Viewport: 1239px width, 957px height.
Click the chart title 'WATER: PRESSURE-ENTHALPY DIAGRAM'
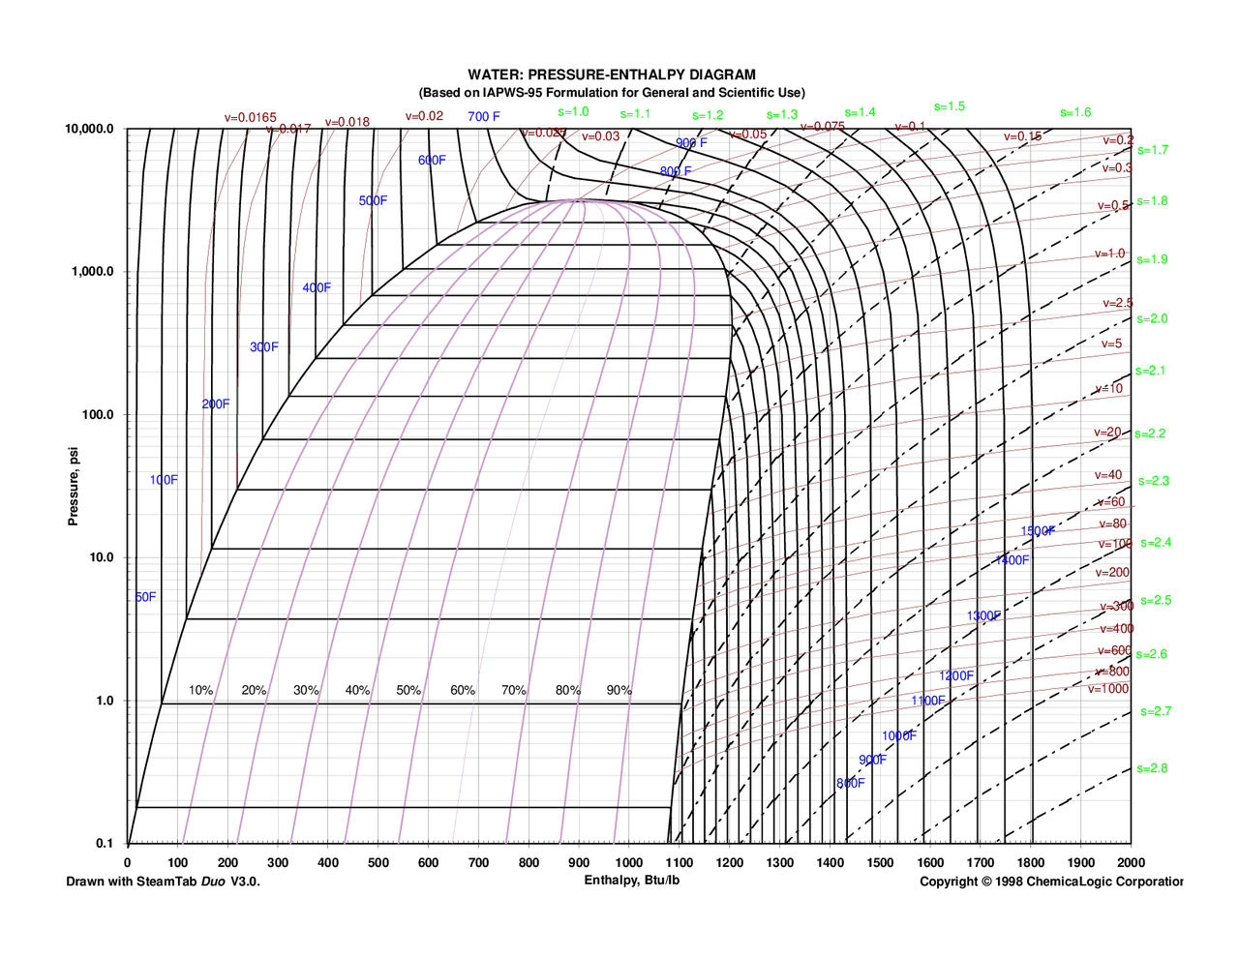tap(612, 75)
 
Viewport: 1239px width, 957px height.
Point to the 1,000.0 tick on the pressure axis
tap(93, 272)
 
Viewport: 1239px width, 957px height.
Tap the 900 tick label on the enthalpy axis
tap(579, 863)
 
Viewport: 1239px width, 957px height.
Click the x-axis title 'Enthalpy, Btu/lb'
tap(631, 881)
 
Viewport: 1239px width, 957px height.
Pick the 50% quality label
tap(408, 691)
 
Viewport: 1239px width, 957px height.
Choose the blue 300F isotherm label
tap(263, 347)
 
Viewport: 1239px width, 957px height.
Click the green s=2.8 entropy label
tap(1152, 769)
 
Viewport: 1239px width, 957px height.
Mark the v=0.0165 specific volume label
tap(250, 118)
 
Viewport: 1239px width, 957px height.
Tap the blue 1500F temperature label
tap(1038, 531)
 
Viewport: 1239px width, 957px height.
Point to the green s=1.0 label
tap(573, 112)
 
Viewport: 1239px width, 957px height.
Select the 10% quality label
tap(200, 691)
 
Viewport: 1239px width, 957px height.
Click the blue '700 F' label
tap(484, 117)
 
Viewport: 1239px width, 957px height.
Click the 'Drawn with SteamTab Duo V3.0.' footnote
tap(163, 882)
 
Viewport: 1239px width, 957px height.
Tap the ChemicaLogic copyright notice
tap(1050, 882)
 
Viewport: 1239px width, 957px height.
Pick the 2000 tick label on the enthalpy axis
tap(1131, 863)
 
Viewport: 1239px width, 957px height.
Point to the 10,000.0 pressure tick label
tap(89, 130)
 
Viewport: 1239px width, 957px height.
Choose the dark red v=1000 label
tap(1107, 689)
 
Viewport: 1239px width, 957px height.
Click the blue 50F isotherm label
tap(145, 597)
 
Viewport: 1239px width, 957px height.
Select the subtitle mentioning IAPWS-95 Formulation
tap(612, 93)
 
